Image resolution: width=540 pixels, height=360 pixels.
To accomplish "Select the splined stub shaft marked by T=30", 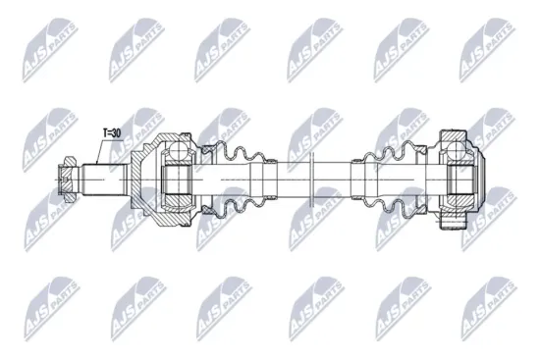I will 106,180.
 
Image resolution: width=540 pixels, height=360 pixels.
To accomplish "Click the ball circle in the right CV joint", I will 457,150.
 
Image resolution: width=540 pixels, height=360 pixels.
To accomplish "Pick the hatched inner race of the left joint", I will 177,181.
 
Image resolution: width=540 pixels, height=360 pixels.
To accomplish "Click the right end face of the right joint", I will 484,181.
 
